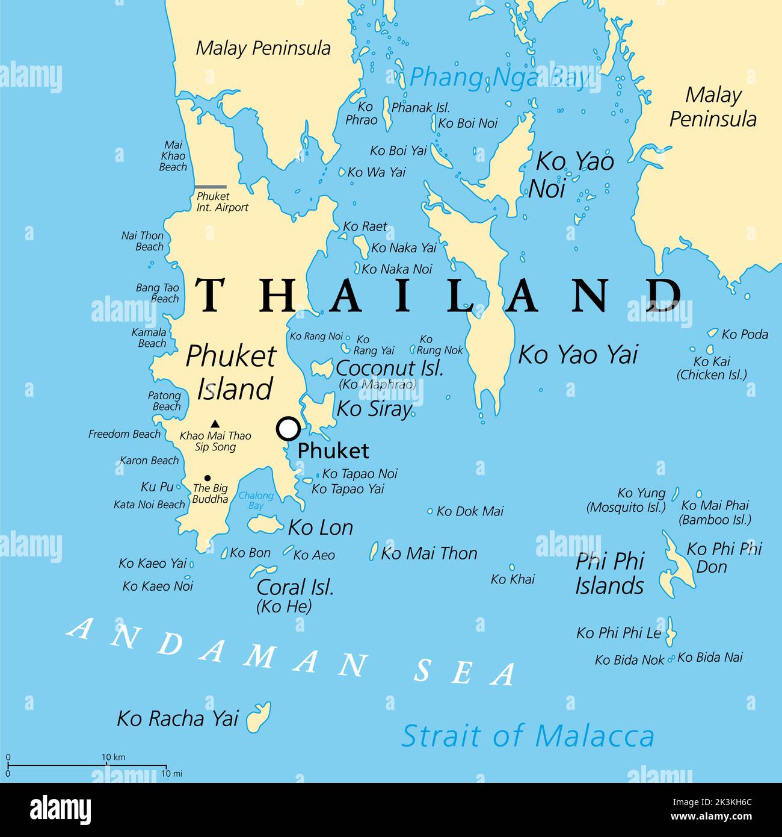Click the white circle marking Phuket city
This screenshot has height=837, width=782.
point(289,429)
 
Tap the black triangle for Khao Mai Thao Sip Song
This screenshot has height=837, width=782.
point(215,423)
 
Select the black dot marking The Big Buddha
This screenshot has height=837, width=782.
point(208,478)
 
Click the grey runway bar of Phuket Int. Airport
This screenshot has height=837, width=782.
point(211,187)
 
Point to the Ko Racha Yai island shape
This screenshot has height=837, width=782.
point(259,717)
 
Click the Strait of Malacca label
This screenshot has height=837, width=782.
point(528,736)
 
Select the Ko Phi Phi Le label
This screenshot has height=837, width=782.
point(618,633)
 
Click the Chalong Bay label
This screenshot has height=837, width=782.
point(256,500)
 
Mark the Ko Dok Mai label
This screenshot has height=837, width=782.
point(470,511)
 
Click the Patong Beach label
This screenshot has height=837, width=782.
point(165,401)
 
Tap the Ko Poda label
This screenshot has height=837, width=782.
point(745,334)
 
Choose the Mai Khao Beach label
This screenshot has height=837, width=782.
point(173,156)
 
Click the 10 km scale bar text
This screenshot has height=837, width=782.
point(113,757)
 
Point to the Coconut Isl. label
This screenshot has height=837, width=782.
point(389,368)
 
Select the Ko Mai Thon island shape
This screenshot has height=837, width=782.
point(374,551)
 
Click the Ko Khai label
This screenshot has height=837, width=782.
point(513,579)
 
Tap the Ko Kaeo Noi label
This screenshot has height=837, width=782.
point(158,586)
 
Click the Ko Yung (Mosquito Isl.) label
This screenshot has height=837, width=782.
point(626,500)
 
